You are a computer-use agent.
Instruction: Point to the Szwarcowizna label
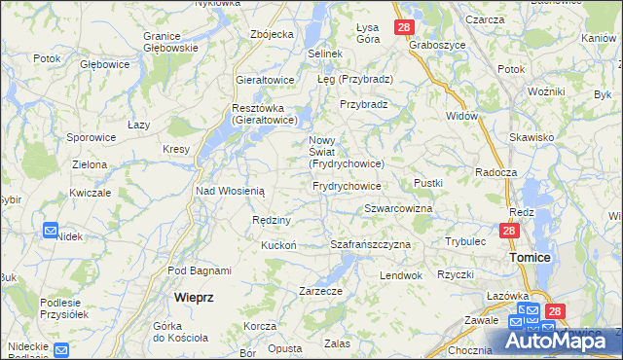click(397, 209)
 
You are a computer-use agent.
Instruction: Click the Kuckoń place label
click(277, 245)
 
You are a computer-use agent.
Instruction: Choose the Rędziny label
click(272, 220)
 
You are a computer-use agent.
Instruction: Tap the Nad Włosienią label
click(231, 192)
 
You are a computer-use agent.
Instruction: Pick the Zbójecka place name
click(272, 34)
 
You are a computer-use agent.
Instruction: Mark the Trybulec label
click(465, 240)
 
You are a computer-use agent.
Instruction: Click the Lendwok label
click(401, 275)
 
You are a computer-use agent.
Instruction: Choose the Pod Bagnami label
click(200, 270)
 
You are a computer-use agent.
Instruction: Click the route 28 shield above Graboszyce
click(404, 27)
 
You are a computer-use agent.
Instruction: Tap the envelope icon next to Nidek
click(51, 231)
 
